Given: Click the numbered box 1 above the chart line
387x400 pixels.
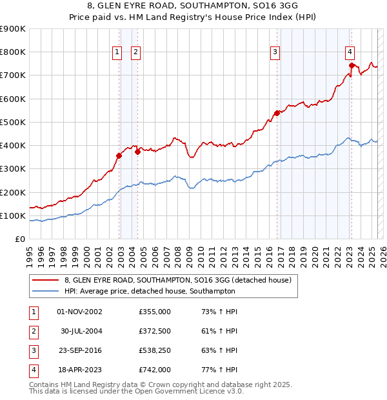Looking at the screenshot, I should [x=117, y=53].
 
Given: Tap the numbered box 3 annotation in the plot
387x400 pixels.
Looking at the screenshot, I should [x=275, y=53].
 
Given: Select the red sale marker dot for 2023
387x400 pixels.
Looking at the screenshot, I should [x=351, y=65].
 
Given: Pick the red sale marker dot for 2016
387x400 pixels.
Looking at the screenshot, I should [x=277, y=113].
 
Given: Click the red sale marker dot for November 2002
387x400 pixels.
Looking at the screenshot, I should [x=119, y=155].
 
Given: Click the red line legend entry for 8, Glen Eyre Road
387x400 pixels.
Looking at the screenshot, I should [x=178, y=280].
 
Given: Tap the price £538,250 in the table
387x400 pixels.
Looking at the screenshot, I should [x=154, y=351].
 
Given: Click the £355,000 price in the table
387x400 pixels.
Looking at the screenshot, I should [x=154, y=312].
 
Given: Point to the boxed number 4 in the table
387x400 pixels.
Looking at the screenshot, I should [x=33, y=370].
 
